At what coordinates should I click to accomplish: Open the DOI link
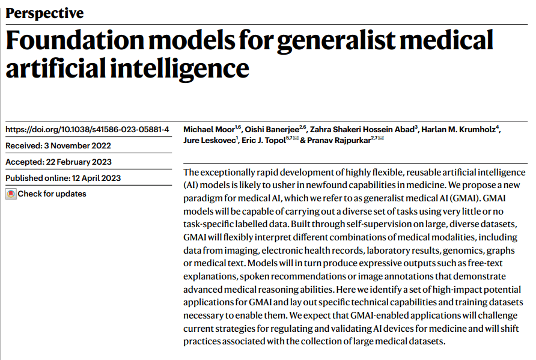pos(87,129)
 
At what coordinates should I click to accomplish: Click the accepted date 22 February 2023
pos(81,162)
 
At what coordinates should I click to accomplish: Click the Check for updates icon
pos(11,194)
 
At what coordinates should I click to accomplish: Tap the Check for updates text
pos(52,194)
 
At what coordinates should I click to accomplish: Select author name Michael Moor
pos(209,129)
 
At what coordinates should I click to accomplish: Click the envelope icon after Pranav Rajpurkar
pos(380,139)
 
